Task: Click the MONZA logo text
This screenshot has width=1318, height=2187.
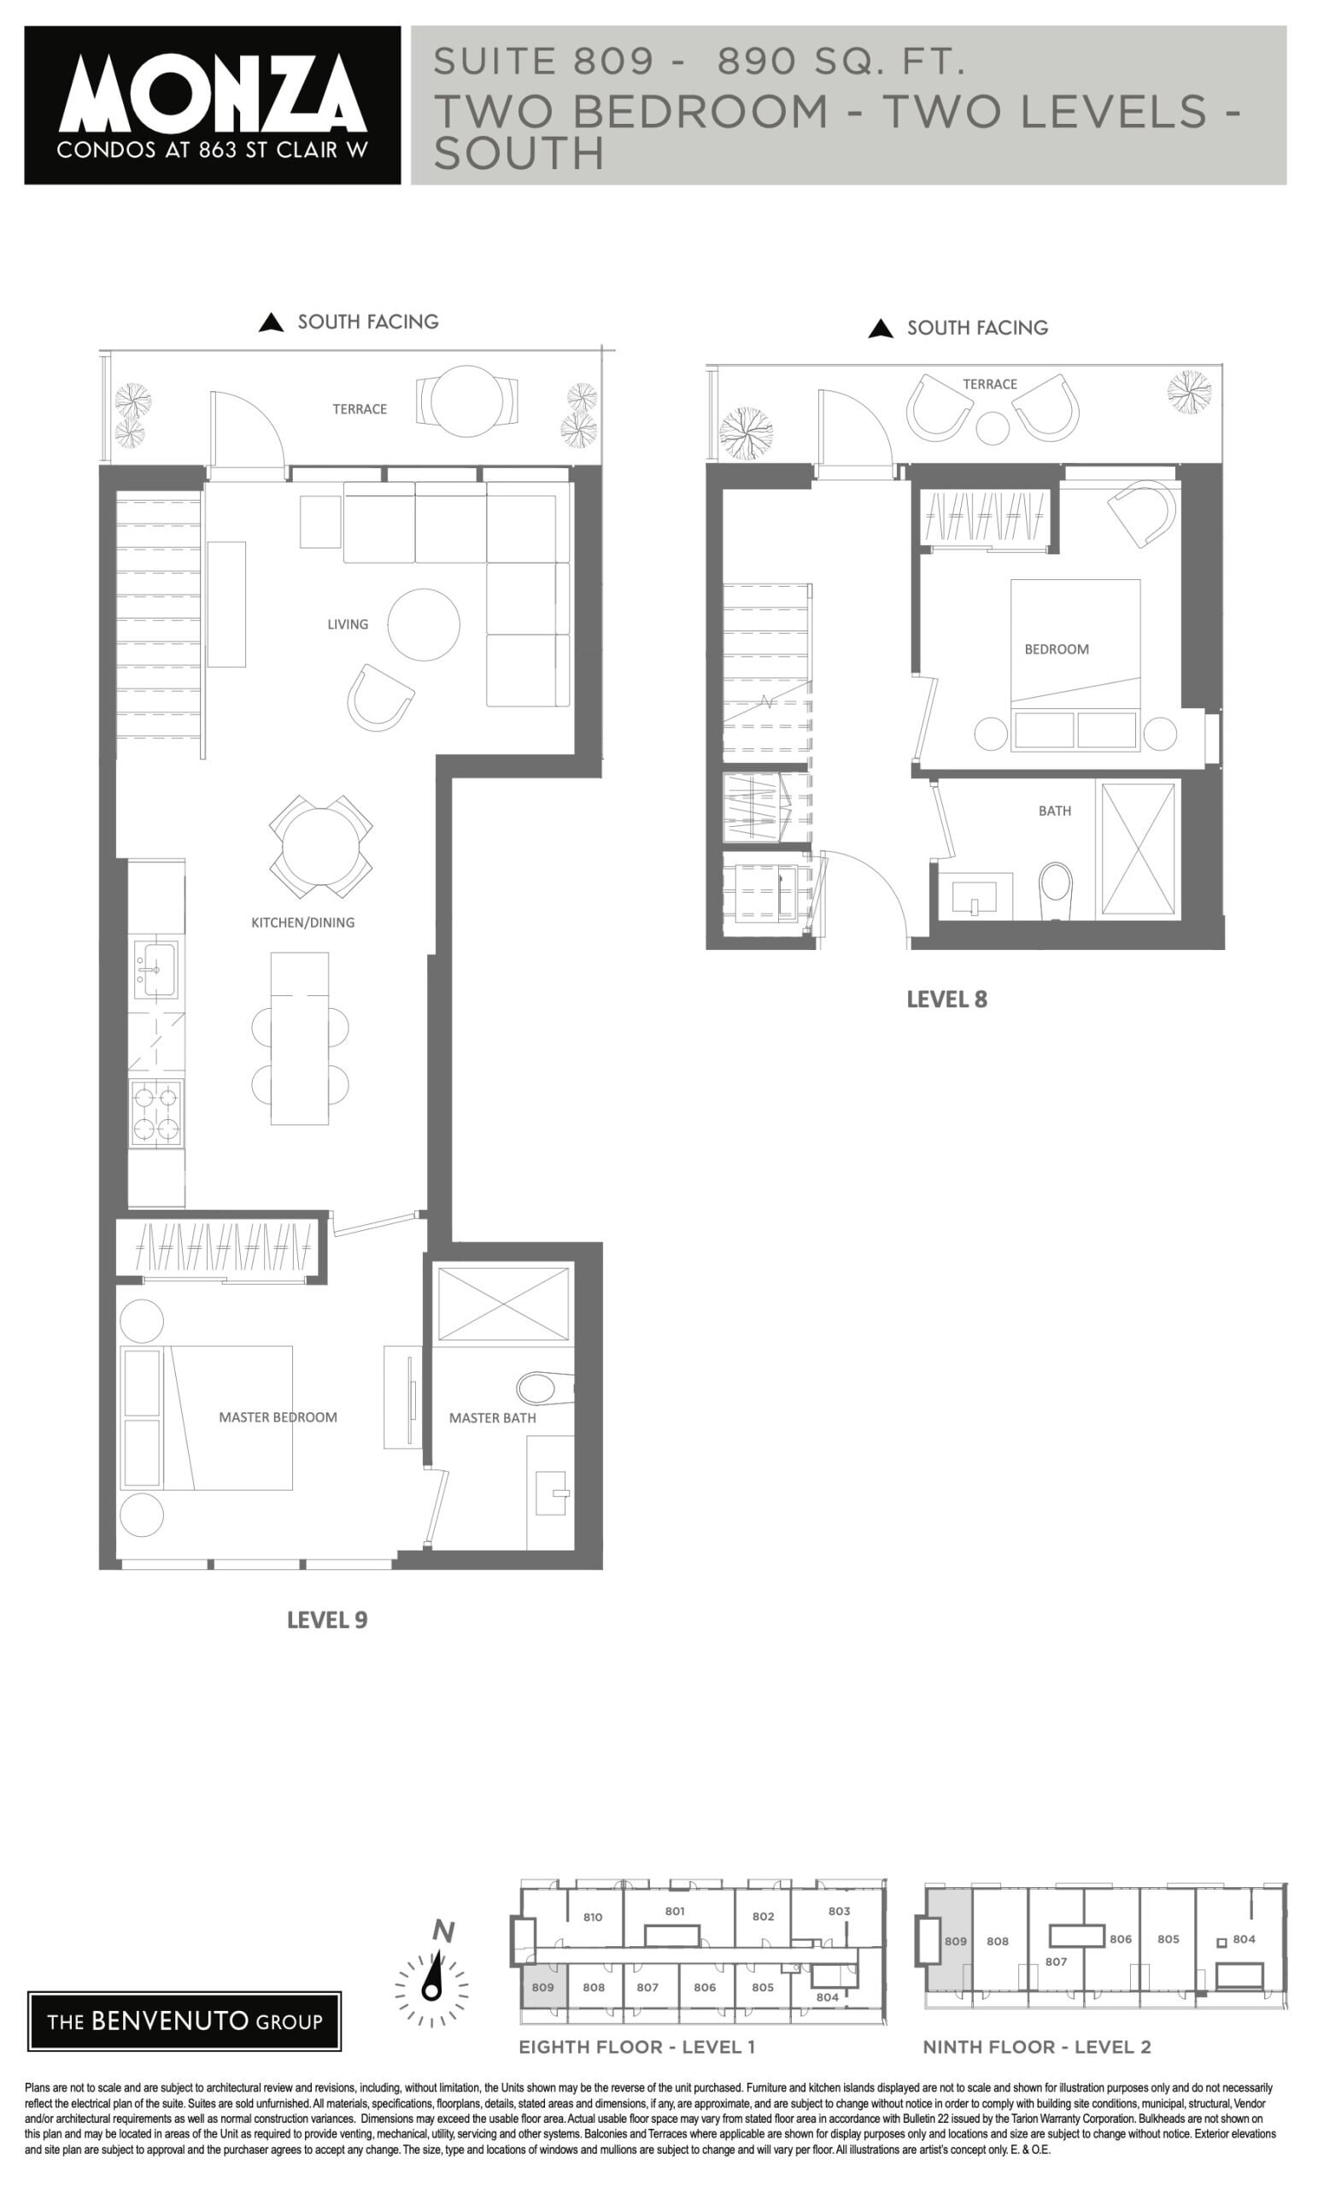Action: (212, 92)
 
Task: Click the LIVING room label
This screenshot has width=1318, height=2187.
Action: (347, 624)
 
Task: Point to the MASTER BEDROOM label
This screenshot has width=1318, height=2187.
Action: (278, 1416)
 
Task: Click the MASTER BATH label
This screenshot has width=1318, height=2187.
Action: (492, 1417)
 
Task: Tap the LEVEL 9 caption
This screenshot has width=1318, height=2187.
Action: (326, 1620)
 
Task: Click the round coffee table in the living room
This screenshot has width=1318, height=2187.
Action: (424, 624)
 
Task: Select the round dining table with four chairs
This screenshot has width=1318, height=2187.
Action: (320, 846)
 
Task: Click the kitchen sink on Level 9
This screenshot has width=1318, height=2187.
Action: (155, 969)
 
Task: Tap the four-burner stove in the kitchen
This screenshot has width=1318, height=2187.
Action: (156, 1113)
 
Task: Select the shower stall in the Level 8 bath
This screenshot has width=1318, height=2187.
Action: (1137, 848)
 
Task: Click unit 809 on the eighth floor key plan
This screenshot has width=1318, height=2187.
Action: (542, 1986)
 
